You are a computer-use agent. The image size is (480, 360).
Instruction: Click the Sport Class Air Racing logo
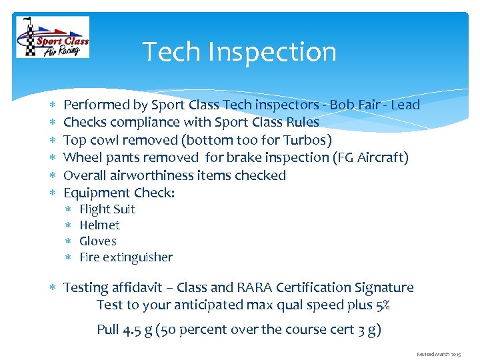(53, 37)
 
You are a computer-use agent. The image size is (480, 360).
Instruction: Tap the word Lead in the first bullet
(405, 105)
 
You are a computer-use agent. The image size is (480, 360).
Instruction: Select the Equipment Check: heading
(119, 193)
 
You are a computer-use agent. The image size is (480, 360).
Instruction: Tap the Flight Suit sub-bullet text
(107, 209)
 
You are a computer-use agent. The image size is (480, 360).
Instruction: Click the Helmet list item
(99, 225)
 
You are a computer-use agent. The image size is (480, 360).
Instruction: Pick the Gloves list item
(98, 241)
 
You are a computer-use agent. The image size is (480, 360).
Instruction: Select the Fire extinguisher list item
(126, 257)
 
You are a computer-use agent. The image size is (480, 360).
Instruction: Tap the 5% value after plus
(382, 305)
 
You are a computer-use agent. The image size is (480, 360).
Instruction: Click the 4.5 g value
(135, 330)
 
